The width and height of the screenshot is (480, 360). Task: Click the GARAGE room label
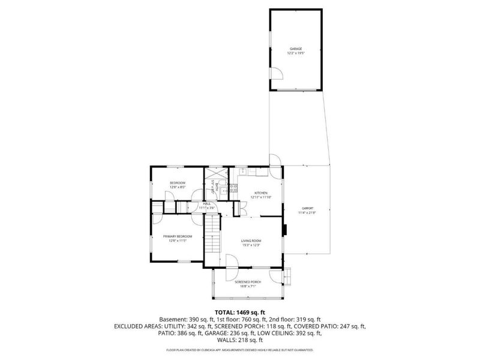[x=296, y=49]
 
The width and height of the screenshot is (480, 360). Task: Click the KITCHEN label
[x=251, y=193]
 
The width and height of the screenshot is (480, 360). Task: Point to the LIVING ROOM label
[x=251, y=241]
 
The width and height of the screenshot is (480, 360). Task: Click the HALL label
[x=206, y=204]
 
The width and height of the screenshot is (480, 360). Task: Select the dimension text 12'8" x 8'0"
[x=178, y=187]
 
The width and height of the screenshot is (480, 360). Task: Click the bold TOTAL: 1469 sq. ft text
[x=240, y=311]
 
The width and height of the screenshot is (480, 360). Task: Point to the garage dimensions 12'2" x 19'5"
[x=296, y=53]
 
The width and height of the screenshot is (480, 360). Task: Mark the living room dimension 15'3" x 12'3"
[x=251, y=245]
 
